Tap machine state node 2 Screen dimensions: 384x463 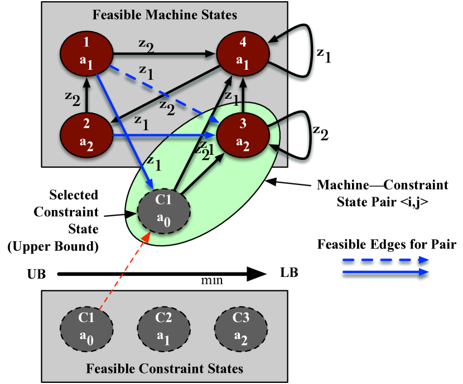point(86,134)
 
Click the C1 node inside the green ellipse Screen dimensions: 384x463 point(163,210)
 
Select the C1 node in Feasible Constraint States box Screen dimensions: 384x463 point(86,328)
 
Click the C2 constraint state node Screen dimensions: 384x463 point(163,328)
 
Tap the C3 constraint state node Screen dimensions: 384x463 point(241,328)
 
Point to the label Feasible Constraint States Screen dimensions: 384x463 point(165,368)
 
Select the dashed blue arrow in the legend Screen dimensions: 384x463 point(385,260)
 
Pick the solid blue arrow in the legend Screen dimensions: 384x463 point(385,272)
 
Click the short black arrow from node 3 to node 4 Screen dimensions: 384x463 point(243,96)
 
